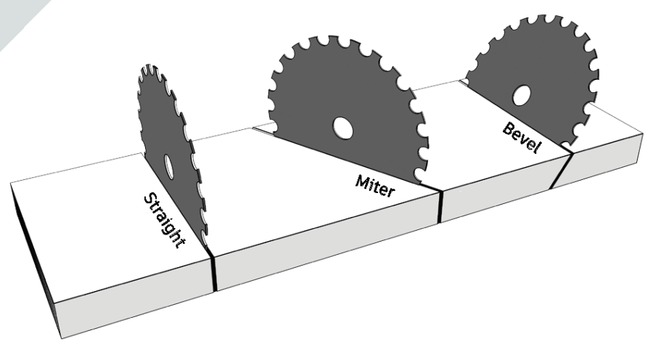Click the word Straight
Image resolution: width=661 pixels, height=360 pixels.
click(164, 220)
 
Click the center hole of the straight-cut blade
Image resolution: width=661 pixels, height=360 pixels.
click(168, 166)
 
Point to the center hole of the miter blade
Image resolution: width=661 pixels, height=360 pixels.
click(341, 128)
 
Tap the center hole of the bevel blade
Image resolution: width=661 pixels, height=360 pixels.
click(520, 96)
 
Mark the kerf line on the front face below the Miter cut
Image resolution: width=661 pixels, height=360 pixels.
click(440, 206)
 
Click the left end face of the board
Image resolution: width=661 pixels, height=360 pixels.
click(33, 254)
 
